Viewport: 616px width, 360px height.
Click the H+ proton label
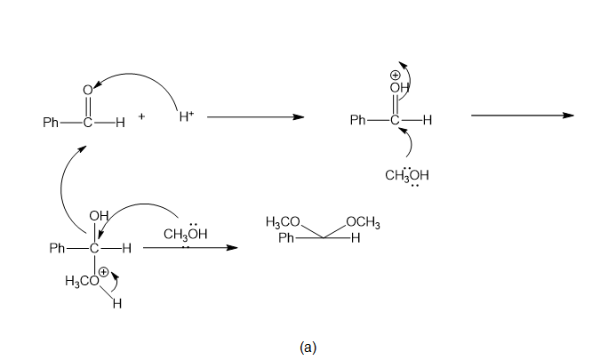(187, 116)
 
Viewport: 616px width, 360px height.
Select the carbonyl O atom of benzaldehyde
(88, 91)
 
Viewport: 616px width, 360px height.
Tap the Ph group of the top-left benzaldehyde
(51, 123)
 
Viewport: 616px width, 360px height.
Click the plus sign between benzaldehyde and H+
(142, 116)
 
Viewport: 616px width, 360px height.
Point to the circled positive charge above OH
(395, 75)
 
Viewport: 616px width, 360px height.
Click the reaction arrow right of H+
(256, 116)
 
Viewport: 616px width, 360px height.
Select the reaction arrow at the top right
(523, 116)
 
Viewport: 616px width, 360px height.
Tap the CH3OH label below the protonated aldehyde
(407, 175)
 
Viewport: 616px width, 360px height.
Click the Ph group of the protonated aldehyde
(358, 119)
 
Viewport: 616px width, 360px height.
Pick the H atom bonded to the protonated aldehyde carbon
(428, 120)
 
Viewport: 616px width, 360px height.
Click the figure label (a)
(308, 348)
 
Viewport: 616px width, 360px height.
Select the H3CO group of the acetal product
(283, 222)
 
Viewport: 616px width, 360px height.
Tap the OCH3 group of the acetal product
(363, 222)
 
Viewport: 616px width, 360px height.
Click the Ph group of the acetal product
(286, 237)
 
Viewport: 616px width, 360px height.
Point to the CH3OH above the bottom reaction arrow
(185, 234)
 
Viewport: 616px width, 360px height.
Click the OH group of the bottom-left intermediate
(99, 216)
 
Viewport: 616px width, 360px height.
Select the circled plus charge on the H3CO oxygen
(103, 272)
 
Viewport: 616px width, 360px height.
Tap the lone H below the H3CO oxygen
(117, 303)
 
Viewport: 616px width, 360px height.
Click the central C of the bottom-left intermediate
(94, 248)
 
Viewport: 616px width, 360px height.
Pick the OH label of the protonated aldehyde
(399, 88)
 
